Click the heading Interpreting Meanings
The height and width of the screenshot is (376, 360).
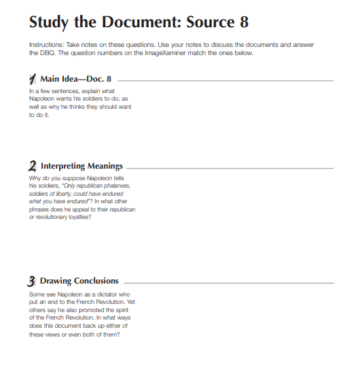(x=82, y=166)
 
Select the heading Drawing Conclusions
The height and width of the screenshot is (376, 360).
(x=79, y=281)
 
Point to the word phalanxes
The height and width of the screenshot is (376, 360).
(x=116, y=184)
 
